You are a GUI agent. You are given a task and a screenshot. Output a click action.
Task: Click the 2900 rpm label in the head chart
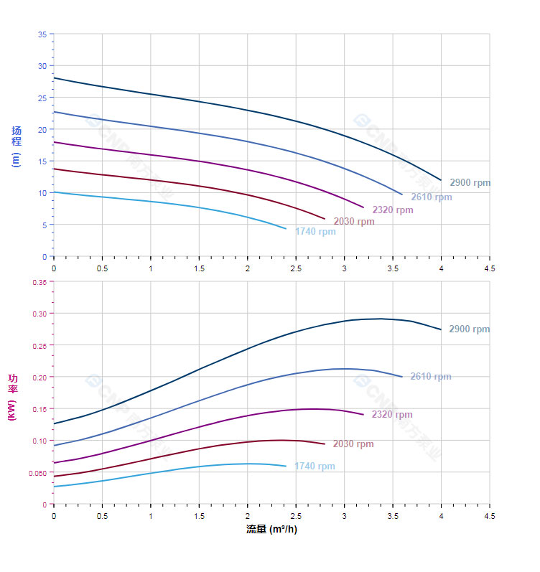[x=470, y=183]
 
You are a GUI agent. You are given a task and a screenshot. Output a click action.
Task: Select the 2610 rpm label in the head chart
[x=432, y=197]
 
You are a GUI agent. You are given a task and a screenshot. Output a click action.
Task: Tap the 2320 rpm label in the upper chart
[x=393, y=210]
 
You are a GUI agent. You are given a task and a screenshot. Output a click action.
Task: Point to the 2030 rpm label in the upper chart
[x=354, y=222]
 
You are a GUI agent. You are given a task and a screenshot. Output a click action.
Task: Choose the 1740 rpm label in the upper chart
[x=315, y=232]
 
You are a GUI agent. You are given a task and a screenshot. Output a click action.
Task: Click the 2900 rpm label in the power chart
[x=469, y=329]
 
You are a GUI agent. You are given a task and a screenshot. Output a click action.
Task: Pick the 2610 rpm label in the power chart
[x=431, y=377]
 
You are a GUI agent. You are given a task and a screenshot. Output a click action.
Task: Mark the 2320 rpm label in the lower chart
[x=392, y=415]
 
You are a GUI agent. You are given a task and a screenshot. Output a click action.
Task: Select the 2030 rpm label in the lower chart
[x=353, y=444]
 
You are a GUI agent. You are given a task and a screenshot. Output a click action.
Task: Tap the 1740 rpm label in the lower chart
[x=315, y=466]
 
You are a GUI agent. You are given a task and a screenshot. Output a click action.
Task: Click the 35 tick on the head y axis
[x=42, y=34]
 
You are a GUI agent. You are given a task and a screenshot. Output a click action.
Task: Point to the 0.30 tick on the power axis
[x=39, y=314]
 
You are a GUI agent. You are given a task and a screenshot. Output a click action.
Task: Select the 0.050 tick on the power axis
[x=37, y=473]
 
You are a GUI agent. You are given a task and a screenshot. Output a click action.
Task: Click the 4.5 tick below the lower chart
[x=490, y=515]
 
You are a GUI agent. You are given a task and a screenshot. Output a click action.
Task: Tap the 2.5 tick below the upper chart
[x=296, y=268]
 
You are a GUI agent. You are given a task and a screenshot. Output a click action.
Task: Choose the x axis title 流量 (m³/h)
[x=271, y=530]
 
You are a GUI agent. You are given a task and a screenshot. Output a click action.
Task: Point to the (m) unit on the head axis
[x=16, y=159]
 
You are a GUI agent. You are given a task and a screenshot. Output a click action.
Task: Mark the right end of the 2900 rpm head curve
[x=441, y=180]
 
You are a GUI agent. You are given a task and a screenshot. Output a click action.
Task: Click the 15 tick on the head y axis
[x=42, y=161]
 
